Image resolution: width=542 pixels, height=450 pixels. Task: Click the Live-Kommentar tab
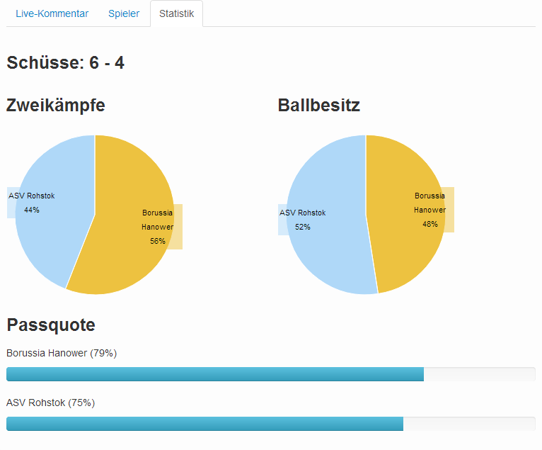click(x=52, y=14)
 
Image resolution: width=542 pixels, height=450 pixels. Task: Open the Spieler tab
click(x=124, y=14)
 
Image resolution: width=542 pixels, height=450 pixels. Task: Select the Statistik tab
click(x=176, y=14)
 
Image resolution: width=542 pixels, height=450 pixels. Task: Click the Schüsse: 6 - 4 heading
click(x=66, y=63)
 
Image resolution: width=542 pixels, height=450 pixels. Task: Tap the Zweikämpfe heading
click(x=56, y=106)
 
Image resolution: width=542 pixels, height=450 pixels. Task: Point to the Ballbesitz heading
click(x=319, y=106)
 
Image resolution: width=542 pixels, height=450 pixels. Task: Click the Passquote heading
click(x=51, y=325)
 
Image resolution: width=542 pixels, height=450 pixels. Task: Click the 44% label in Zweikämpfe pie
click(x=32, y=210)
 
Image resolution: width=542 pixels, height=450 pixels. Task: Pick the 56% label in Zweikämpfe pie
click(x=158, y=242)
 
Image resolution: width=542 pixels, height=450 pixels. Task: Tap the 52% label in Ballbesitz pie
click(x=303, y=227)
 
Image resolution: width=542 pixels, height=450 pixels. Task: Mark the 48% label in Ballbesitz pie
click(x=430, y=225)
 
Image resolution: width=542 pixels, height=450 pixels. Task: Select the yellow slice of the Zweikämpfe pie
click(x=120, y=262)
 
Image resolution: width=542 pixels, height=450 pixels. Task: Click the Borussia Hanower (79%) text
click(x=62, y=353)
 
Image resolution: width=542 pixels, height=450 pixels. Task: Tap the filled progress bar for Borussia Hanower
click(x=215, y=374)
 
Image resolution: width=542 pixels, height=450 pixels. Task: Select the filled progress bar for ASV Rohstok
click(x=205, y=424)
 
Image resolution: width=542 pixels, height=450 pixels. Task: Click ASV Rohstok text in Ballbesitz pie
click(x=303, y=213)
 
